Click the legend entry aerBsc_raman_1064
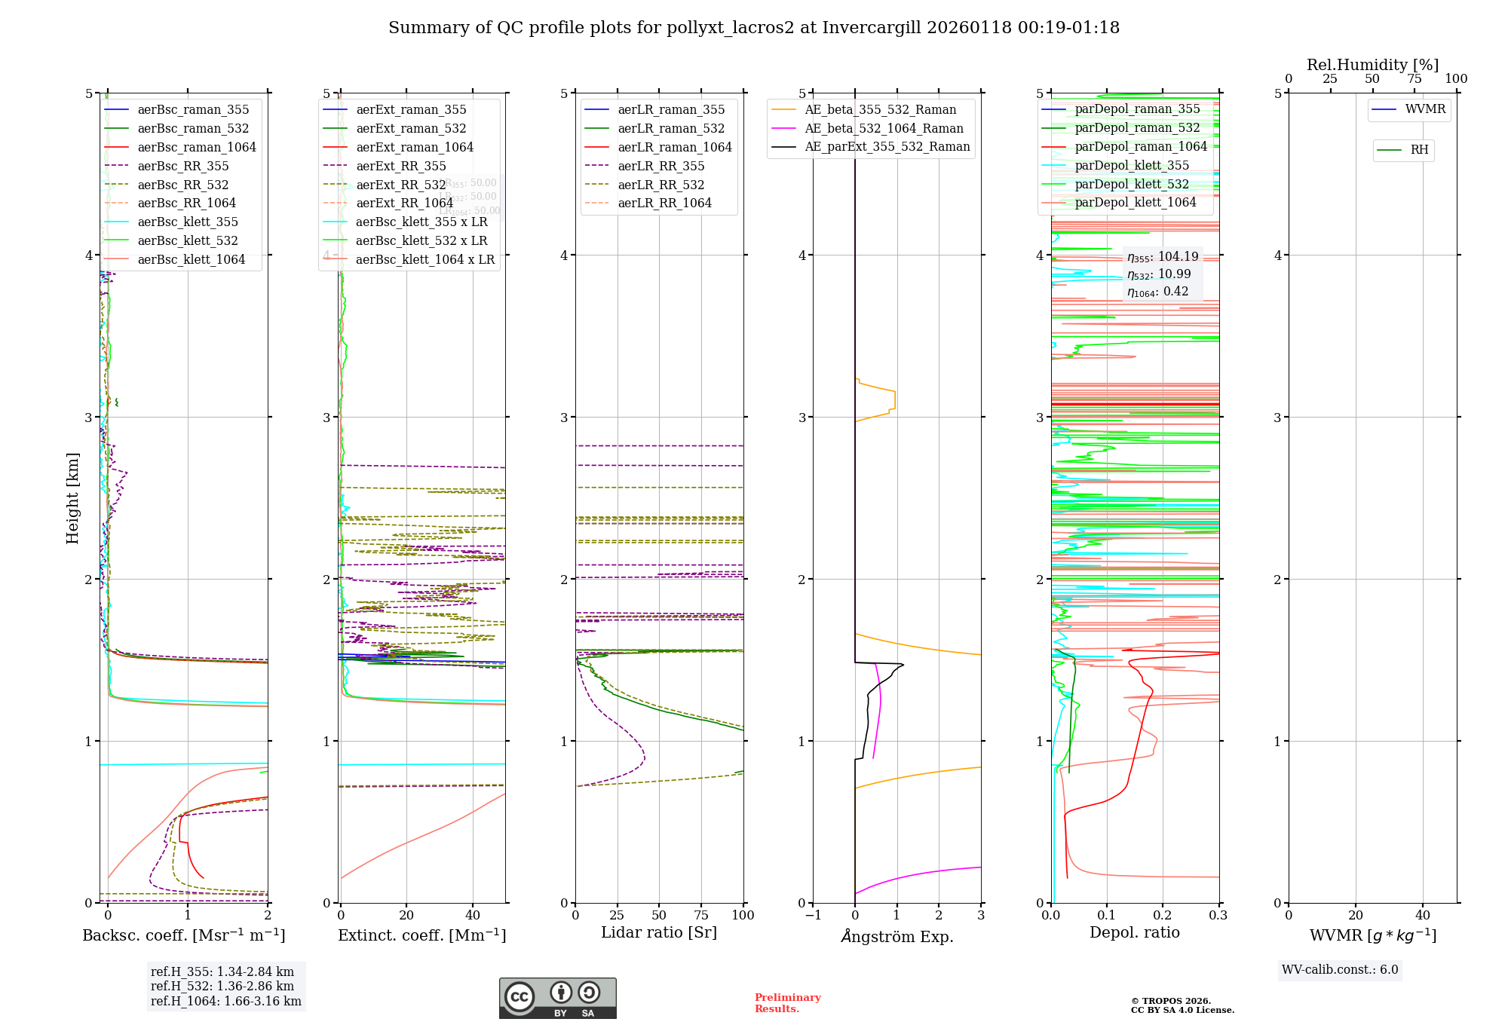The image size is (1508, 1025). tap(197, 148)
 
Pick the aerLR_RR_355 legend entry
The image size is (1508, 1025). tap(661, 167)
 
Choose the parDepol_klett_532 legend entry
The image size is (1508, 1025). tap(1132, 185)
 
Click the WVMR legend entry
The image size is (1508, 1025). tap(1425, 109)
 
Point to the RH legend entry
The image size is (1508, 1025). tap(1419, 150)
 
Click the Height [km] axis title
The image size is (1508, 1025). tap(72, 498)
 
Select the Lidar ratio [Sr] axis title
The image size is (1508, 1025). tap(658, 932)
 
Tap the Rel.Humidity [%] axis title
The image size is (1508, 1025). tap(1372, 65)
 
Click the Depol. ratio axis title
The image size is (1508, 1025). tap(1134, 932)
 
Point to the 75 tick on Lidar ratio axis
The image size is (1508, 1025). tap(701, 915)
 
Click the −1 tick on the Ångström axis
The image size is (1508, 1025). tap(813, 915)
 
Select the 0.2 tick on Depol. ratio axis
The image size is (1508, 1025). tap(1163, 915)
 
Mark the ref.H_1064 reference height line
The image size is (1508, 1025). tap(225, 1002)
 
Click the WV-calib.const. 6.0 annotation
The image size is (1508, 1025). tap(1340, 970)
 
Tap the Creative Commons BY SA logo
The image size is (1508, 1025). tap(557, 999)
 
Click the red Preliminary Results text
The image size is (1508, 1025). tap(787, 1003)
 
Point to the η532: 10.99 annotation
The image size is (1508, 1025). tap(1159, 274)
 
